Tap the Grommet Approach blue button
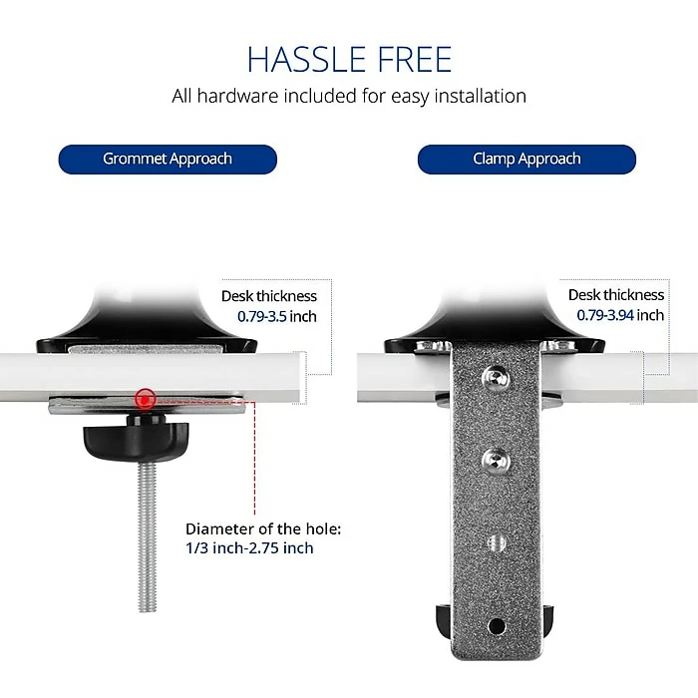click(x=168, y=159)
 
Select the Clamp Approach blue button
click(x=526, y=159)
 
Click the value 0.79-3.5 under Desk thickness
click(x=261, y=316)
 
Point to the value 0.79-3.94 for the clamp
click(x=605, y=315)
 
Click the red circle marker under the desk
click(x=146, y=399)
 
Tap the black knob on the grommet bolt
click(x=137, y=437)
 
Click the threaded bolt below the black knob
click(x=147, y=536)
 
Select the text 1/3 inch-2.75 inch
click(x=249, y=548)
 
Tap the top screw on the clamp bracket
click(x=496, y=379)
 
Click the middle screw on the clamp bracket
click(x=496, y=461)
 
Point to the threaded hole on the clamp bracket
click(x=497, y=542)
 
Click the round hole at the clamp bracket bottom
click(x=497, y=626)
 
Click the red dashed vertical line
click(x=254, y=458)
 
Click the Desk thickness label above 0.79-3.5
click(x=269, y=296)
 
